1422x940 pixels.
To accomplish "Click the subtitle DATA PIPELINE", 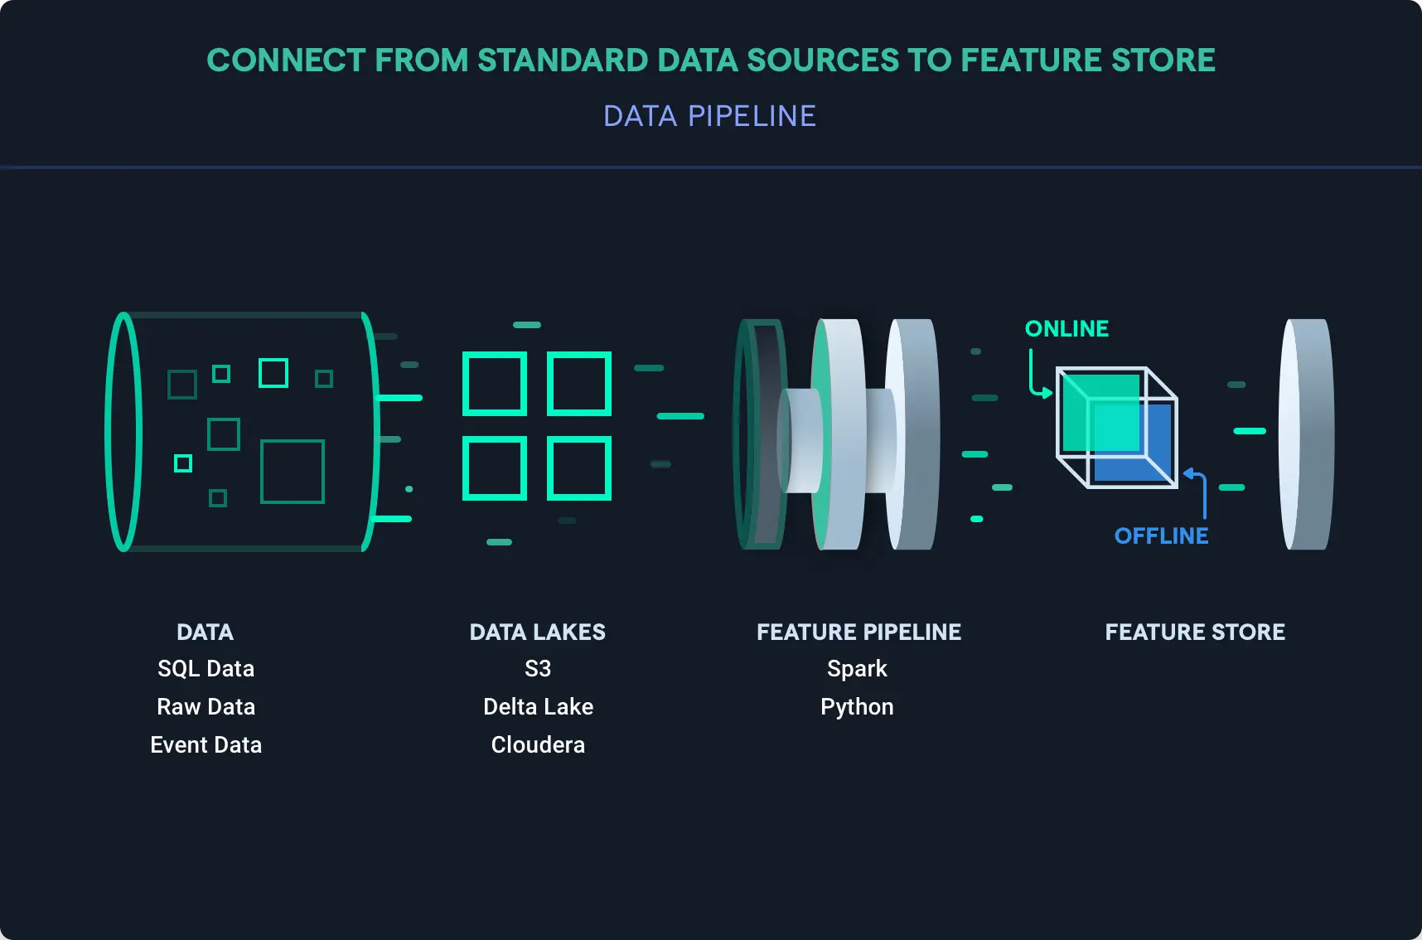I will click(x=709, y=116).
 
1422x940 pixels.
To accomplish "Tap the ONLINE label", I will click(x=1066, y=329).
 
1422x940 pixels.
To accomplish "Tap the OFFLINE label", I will click(x=1161, y=536).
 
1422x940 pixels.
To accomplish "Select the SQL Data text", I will click(x=206, y=669).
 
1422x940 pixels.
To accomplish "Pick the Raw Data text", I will click(x=206, y=707).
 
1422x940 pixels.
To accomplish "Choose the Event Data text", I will click(x=206, y=745).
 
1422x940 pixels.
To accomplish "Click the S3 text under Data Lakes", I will click(x=538, y=669).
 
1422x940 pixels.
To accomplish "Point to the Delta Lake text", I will click(x=538, y=707).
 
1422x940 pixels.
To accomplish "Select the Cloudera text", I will click(x=538, y=745).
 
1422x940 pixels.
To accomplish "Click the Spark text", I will click(x=857, y=669).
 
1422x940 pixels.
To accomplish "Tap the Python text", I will click(x=857, y=707).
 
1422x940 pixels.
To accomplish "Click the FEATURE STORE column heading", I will click(x=1195, y=632).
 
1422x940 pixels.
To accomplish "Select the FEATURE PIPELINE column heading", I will click(x=859, y=632).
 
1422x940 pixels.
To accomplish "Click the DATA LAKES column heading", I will click(x=537, y=632).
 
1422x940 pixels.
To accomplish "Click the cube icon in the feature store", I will click(x=1116, y=428).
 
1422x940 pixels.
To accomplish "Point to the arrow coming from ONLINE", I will click(x=1035, y=378).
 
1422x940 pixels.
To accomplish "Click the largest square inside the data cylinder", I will click(x=293, y=472).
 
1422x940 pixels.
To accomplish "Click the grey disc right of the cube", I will click(x=1307, y=434).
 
